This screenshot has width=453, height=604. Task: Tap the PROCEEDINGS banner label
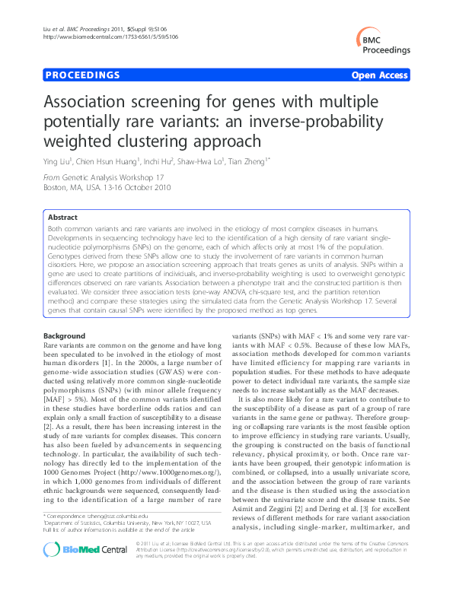click(83, 75)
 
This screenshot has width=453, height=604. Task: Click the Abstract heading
click(64, 216)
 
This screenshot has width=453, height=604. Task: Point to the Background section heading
click(65, 335)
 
